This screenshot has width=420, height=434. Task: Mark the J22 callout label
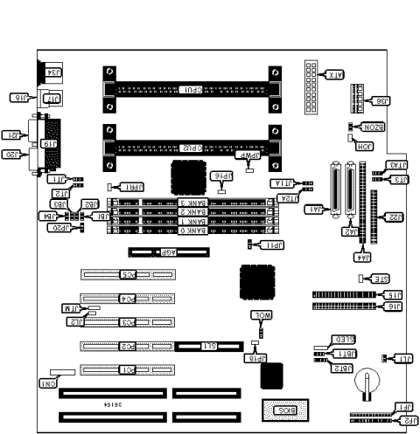point(395,217)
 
